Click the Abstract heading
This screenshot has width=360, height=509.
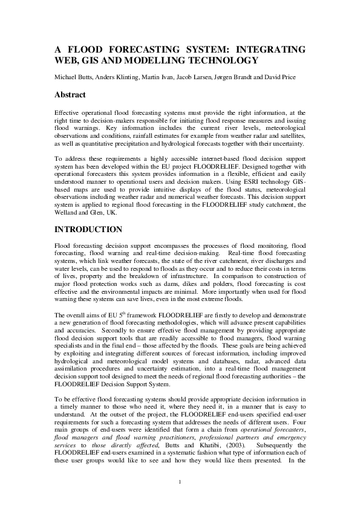(x=70, y=96)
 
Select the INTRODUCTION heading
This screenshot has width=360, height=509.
(x=89, y=230)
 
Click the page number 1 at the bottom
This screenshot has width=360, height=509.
(x=180, y=481)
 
